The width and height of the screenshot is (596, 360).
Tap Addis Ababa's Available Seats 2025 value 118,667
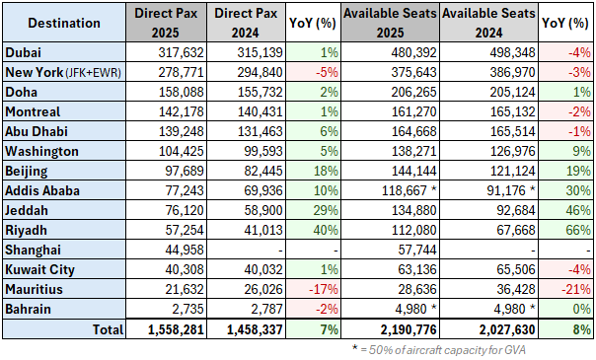tap(387, 188)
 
